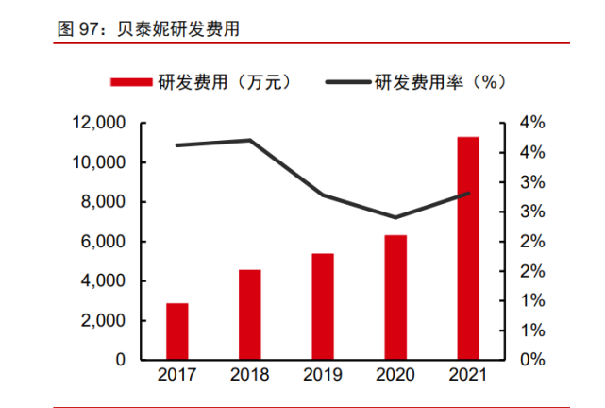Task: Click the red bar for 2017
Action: [x=177, y=331]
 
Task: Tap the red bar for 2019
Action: [x=323, y=306]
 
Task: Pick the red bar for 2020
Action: [x=395, y=297]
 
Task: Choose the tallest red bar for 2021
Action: [x=468, y=247]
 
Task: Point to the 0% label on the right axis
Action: [x=532, y=360]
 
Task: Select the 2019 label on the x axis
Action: [x=323, y=376]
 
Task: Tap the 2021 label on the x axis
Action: [x=468, y=376]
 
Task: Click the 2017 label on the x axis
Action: [x=177, y=376]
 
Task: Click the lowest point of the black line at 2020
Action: [x=395, y=217]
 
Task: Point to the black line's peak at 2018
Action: [x=250, y=140]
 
